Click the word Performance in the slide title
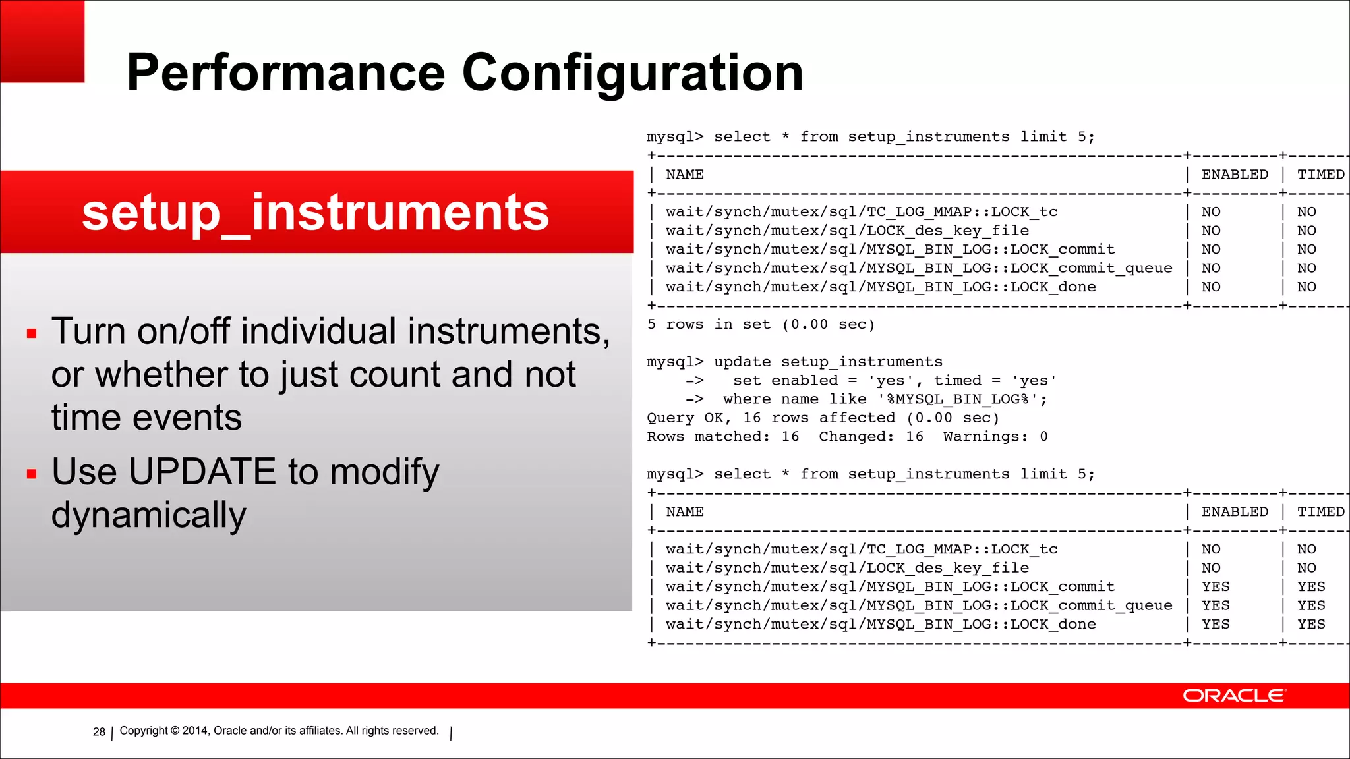tap(285, 72)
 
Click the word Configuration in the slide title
tap(632, 74)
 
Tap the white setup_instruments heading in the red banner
tap(315, 212)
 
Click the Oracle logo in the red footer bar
tap(1233, 696)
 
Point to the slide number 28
tap(99, 732)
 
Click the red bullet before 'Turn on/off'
tap(32, 333)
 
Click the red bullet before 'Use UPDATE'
tap(32, 474)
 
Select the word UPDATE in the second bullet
tap(202, 472)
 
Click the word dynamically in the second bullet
tap(148, 515)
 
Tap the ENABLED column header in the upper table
tap(1234, 175)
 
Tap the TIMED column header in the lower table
tap(1320, 512)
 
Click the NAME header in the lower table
tap(684, 512)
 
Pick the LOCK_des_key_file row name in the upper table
tap(847, 231)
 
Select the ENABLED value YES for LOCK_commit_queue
tap(1215, 605)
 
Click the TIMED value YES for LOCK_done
tap(1310, 624)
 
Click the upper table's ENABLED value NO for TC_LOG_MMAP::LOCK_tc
tap(1211, 212)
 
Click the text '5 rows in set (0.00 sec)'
tap(761, 325)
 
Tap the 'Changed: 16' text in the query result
tap(871, 437)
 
